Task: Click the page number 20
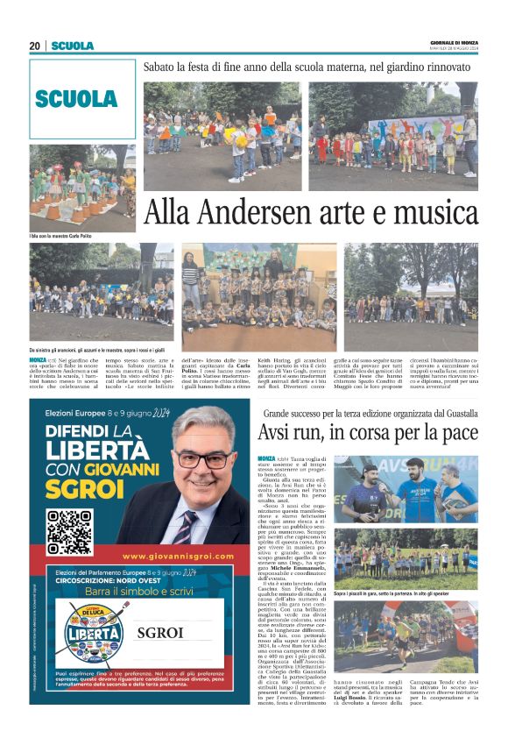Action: (x=34, y=46)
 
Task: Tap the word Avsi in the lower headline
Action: (x=279, y=432)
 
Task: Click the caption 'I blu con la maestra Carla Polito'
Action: (x=60, y=236)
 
